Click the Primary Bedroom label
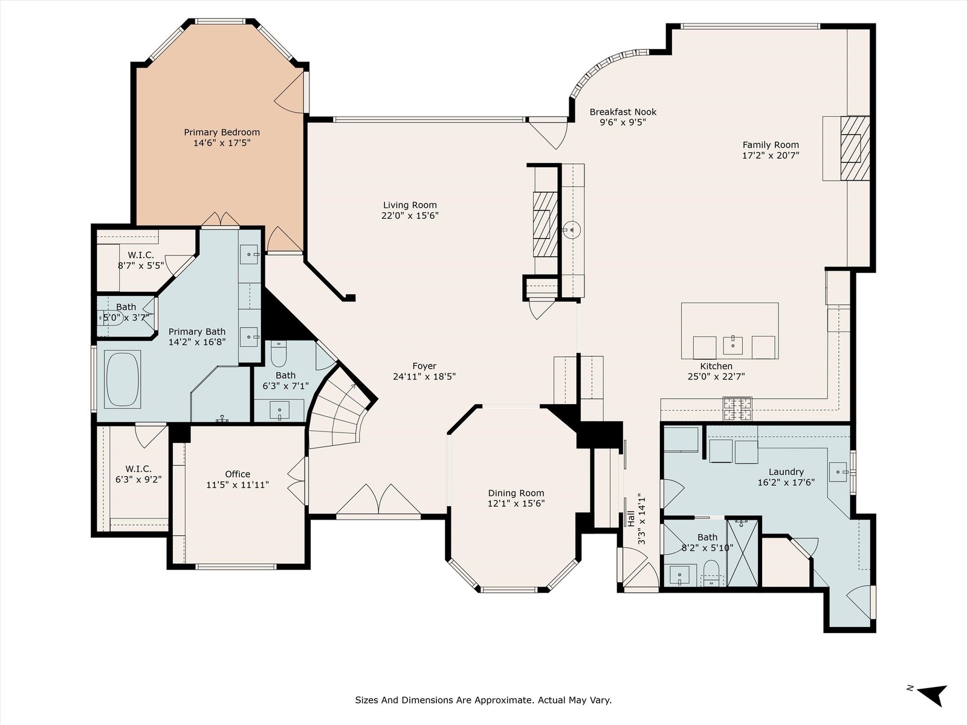click(222, 132)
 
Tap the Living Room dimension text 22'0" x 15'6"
click(410, 216)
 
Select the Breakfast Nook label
click(623, 112)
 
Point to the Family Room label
click(771, 145)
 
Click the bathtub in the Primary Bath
click(123, 379)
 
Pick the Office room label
click(238, 474)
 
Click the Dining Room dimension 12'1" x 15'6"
click(516, 503)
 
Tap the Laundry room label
click(786, 472)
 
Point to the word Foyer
click(424, 366)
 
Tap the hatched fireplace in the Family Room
click(855, 148)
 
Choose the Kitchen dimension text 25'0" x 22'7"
click(716, 376)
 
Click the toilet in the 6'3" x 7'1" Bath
click(279, 354)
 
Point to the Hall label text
click(631, 519)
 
